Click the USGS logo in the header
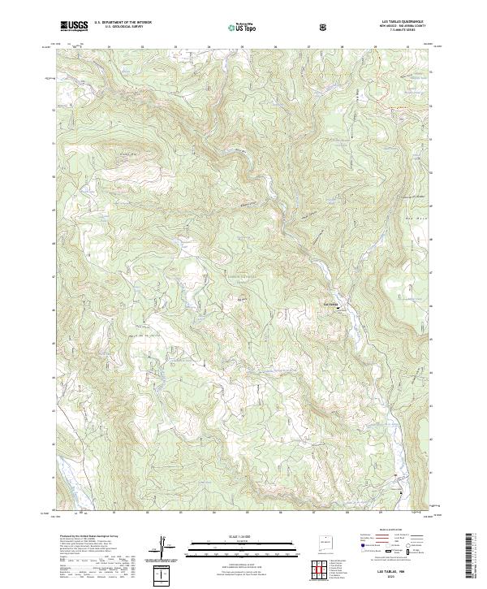tap(74, 25)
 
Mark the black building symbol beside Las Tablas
tap(338, 309)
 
